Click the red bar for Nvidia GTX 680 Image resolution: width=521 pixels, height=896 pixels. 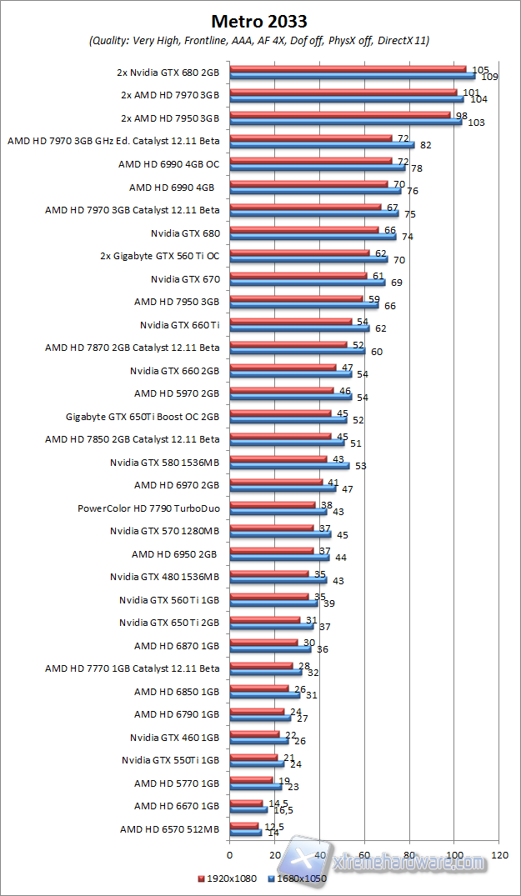pos(303,229)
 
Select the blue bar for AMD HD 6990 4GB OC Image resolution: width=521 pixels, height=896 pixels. pos(317,168)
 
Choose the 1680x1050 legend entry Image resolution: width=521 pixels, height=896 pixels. pos(298,878)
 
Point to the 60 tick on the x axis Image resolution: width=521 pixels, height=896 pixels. pos(364,854)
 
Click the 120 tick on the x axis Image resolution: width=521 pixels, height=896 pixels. pos(499,854)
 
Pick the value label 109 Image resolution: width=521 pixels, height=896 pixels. pos(489,77)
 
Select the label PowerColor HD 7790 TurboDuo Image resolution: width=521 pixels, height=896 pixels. pos(148,508)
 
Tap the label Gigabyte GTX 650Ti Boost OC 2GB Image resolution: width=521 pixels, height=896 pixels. pos(143,416)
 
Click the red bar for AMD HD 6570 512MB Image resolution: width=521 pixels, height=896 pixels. pos(243,826)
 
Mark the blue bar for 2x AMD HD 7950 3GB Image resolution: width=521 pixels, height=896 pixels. pos(345,122)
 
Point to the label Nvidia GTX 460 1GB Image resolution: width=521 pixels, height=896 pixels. pos(174,737)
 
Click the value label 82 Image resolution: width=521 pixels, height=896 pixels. pos(425,145)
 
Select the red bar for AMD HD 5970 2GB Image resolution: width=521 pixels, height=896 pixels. pos(281,390)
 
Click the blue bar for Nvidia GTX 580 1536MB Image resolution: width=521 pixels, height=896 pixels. pos(288,465)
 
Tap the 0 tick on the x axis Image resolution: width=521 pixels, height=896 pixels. pos(229,854)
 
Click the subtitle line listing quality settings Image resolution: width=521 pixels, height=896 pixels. pos(259,40)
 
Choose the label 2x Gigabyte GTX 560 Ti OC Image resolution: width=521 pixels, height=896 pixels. pos(159,255)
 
